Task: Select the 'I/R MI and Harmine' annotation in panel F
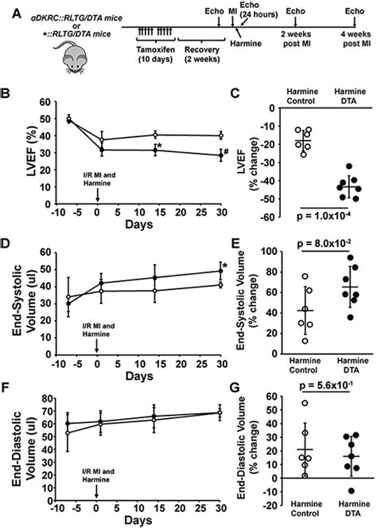point(96,487)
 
